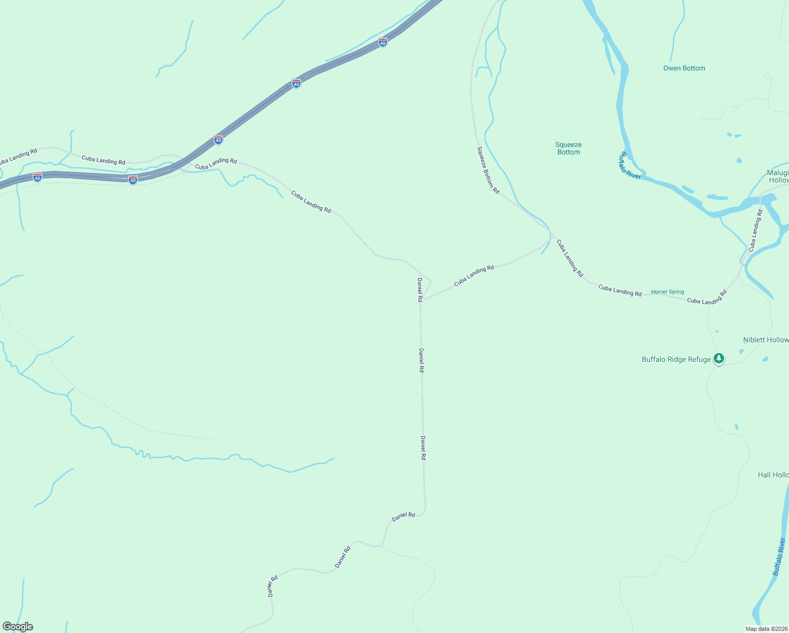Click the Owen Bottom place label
click(684, 68)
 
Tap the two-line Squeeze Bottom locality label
click(569, 148)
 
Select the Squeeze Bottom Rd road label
click(488, 170)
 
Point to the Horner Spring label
click(667, 292)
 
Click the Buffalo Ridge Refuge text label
click(676, 360)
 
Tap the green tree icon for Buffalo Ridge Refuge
click(718, 358)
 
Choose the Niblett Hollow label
click(766, 340)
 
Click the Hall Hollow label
click(773, 475)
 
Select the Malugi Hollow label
click(778, 176)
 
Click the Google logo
click(17, 627)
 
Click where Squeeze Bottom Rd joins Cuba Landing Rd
click(552, 235)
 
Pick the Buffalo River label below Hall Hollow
click(779, 557)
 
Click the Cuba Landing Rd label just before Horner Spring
click(620, 290)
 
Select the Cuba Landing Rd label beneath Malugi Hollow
click(756, 229)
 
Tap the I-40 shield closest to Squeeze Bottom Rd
click(383, 42)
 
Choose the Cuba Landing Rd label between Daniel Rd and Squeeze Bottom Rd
click(474, 275)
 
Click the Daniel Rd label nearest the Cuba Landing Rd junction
click(420, 290)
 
